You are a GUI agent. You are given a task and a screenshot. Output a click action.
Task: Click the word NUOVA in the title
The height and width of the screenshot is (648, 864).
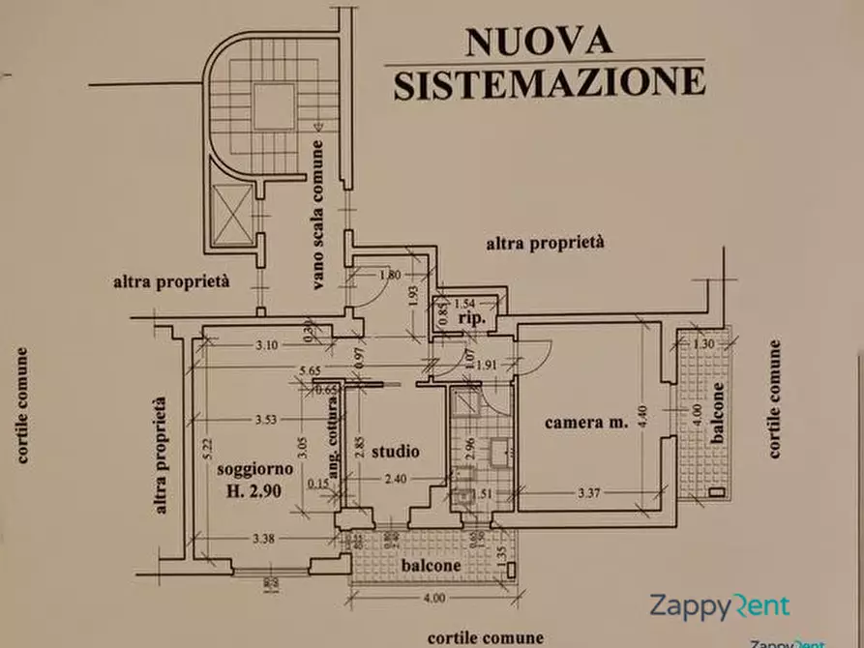click(x=539, y=42)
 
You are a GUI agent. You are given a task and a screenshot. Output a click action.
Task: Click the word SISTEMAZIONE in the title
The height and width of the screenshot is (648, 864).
click(x=550, y=82)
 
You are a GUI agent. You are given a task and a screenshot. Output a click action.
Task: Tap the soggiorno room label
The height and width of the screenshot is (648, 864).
click(x=255, y=469)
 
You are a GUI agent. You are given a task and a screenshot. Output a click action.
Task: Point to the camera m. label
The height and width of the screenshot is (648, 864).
click(x=586, y=422)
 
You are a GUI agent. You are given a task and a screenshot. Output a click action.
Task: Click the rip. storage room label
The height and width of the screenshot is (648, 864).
click(x=471, y=319)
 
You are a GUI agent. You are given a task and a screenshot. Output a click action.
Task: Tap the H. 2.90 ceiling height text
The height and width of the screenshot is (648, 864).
click(x=255, y=490)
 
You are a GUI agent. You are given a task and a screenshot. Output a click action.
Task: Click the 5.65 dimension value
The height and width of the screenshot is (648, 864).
click(x=309, y=369)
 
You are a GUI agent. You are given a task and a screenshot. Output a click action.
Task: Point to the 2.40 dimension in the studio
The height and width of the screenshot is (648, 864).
click(x=397, y=478)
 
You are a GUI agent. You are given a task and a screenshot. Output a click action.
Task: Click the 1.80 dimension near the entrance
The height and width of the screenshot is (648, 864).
click(x=389, y=274)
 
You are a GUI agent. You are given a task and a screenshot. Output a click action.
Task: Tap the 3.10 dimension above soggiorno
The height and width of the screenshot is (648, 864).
click(x=266, y=344)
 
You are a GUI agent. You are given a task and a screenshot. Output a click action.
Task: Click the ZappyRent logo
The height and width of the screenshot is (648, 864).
click(x=718, y=606)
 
